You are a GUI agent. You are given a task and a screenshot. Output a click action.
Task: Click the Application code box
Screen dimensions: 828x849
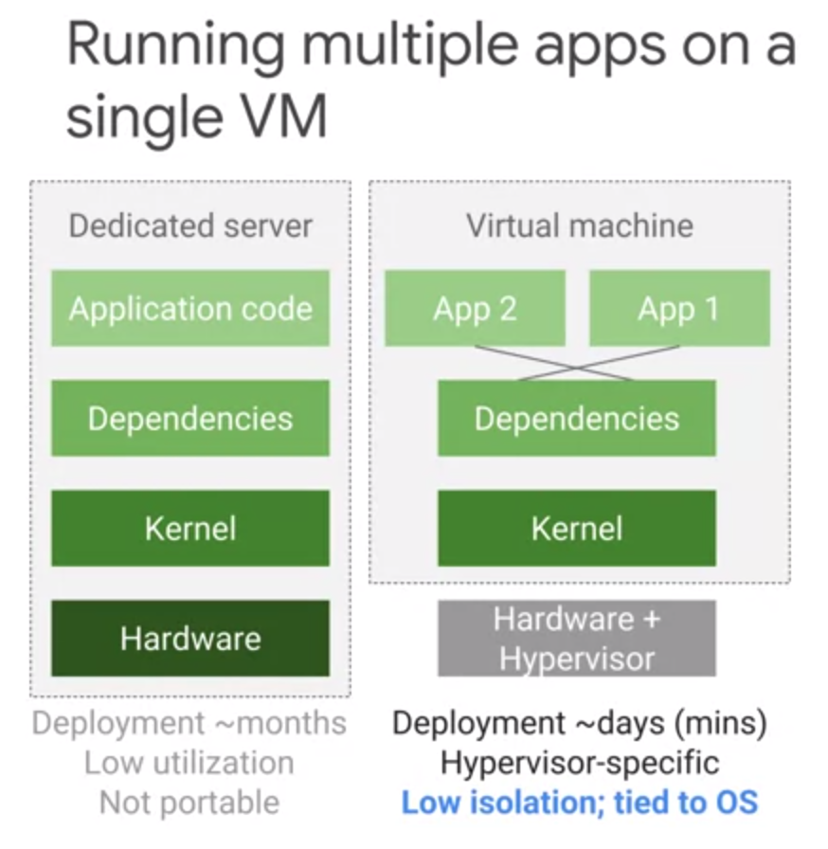tap(190, 308)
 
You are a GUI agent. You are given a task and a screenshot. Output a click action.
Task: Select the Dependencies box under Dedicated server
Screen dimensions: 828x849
tap(190, 418)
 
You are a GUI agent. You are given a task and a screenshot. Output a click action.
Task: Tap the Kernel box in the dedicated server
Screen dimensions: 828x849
tap(190, 528)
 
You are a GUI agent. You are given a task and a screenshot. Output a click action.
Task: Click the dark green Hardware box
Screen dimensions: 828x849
tap(190, 638)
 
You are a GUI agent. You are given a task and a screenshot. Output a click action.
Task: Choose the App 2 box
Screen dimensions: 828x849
tap(475, 308)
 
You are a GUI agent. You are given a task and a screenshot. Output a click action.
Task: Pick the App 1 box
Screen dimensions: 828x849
tap(679, 308)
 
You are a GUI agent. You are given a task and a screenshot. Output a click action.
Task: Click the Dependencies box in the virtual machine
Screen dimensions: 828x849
tap(576, 418)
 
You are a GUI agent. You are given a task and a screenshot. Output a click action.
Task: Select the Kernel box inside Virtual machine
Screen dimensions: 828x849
tap(576, 528)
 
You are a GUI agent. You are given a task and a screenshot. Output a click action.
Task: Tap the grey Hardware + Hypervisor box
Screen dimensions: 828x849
tap(576, 638)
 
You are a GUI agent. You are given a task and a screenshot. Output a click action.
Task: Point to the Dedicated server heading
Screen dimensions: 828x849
tap(190, 226)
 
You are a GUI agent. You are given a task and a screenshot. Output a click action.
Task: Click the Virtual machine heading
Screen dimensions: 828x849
tap(579, 226)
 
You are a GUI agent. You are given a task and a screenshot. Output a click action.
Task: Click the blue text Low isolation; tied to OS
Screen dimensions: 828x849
tap(579, 803)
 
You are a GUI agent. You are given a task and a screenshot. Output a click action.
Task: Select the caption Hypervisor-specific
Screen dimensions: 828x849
tap(579, 763)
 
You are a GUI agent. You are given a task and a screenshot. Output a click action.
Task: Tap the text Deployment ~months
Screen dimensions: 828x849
tap(189, 723)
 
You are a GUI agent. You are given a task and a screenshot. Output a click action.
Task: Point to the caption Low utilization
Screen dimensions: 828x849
tap(189, 763)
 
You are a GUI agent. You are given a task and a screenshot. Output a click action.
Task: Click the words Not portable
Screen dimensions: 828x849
tap(189, 803)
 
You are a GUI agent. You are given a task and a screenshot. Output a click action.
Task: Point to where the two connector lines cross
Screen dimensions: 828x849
tap(577, 363)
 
